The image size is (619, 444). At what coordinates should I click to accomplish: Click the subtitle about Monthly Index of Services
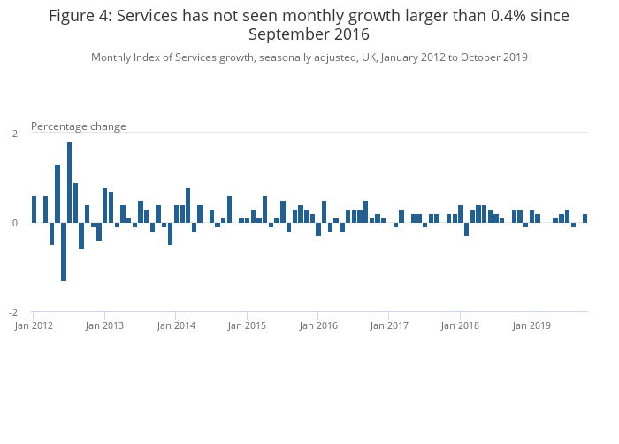pos(309,57)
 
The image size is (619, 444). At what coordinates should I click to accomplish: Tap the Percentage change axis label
pos(79,126)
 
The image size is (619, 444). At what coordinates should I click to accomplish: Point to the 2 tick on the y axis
pos(14,134)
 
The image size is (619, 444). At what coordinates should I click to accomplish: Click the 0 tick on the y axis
pos(14,223)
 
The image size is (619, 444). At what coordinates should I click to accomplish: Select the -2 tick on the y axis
pos(12,312)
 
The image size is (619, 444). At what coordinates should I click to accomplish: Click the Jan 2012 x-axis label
pos(34,326)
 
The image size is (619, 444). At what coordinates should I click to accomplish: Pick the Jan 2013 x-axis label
pos(104,326)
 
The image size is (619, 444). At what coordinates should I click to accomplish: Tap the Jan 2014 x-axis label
pos(176,326)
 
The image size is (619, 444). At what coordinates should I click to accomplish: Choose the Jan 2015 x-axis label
pos(247,326)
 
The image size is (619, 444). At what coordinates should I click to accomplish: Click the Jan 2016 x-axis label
pos(318,326)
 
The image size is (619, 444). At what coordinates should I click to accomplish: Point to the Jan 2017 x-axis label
pos(389,326)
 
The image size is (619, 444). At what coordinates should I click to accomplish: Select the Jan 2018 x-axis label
pos(461,326)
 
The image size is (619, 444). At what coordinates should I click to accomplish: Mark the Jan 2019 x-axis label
pos(531,326)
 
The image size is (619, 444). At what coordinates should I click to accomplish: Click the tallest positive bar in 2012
pos(69,182)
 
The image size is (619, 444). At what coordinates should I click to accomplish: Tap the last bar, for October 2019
pos(585,218)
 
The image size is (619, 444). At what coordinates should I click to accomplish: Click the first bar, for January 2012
pos(34,210)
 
